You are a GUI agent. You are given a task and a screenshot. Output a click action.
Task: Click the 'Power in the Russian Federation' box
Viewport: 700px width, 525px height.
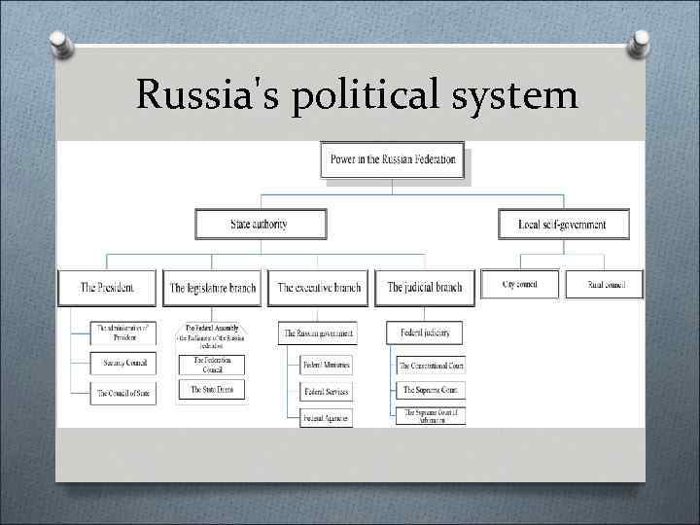392,160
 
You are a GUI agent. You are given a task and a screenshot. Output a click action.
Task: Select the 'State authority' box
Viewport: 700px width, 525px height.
260,225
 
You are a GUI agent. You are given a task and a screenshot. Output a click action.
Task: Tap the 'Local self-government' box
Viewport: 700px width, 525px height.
564,225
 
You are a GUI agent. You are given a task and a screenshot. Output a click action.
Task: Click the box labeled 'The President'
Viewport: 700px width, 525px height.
107,288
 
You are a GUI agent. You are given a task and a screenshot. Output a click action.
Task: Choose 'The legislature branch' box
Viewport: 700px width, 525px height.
212,288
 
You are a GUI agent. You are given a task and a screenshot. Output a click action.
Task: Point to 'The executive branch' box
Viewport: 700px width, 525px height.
319,288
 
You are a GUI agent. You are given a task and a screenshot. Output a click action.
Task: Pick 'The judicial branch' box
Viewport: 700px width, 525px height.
425,288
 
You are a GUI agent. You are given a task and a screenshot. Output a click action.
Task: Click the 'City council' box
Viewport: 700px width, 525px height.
520,284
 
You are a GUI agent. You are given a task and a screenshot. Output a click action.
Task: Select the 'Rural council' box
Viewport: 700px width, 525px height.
604,284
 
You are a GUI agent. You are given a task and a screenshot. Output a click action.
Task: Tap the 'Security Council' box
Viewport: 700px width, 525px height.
122,363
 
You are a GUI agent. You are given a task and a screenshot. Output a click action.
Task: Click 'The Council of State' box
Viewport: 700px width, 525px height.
122,394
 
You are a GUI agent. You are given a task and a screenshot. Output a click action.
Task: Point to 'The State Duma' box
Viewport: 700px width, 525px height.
211,390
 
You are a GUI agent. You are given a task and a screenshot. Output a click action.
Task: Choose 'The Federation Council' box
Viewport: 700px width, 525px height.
211,365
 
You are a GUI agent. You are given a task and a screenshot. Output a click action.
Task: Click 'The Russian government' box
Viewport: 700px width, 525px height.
318,333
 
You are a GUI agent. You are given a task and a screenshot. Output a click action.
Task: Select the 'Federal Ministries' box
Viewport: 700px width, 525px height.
327,366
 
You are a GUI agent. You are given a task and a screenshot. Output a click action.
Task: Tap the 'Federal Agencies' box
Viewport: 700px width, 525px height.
327,417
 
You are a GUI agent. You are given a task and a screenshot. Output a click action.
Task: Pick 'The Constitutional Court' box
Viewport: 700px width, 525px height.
431,366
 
